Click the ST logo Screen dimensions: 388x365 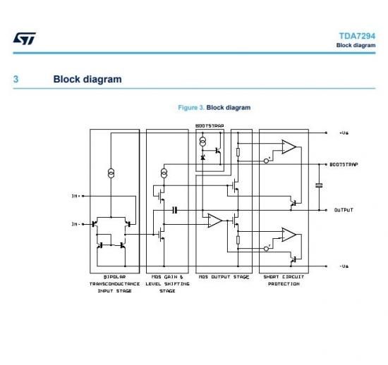point(24,39)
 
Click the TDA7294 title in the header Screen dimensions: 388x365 point(357,36)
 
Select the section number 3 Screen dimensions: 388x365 point(16,79)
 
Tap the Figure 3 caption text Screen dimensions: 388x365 point(214,108)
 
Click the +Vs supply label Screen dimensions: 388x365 point(344,133)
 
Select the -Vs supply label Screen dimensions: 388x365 point(344,266)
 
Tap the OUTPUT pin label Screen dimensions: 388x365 point(344,210)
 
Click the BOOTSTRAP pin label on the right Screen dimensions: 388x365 point(344,164)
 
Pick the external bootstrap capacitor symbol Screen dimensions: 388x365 point(319,185)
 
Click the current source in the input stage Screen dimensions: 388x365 point(111,173)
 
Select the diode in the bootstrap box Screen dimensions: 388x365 point(202,157)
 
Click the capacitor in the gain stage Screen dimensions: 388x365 point(175,210)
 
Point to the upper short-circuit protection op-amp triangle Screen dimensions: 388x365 point(289,147)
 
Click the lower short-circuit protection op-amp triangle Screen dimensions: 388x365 point(289,235)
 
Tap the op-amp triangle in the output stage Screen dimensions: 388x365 point(214,221)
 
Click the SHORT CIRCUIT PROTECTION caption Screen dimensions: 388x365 point(284,280)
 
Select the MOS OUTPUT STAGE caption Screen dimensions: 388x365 point(224,277)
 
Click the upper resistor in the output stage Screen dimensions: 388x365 point(238,152)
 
